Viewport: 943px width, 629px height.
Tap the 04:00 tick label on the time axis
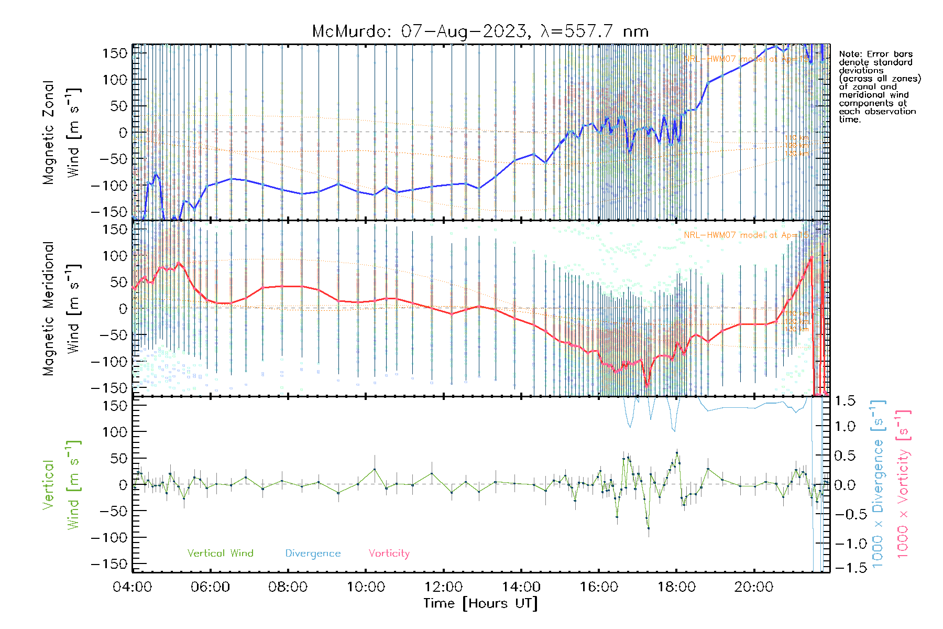pos(133,587)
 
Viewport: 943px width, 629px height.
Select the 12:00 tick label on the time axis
pos(443,587)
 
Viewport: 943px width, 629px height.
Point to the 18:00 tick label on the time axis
pos(676,587)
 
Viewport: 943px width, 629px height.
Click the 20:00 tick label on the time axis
pos(754,587)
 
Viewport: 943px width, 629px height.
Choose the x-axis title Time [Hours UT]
pos(480,603)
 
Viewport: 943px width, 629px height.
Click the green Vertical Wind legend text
pos(220,553)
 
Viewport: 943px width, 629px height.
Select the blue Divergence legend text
pos(313,553)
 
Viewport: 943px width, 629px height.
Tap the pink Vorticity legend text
pos(389,553)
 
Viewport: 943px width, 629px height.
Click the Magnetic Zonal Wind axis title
pos(62,132)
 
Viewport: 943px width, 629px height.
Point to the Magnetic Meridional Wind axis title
pos(62,308)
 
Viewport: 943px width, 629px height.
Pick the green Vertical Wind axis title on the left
pos(62,485)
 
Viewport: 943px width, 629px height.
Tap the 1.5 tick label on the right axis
pos(845,401)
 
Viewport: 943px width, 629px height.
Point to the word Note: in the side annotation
pos(849,55)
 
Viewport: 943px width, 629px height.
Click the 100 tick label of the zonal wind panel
pos(115,80)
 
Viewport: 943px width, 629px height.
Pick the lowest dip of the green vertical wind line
pos(649,528)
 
